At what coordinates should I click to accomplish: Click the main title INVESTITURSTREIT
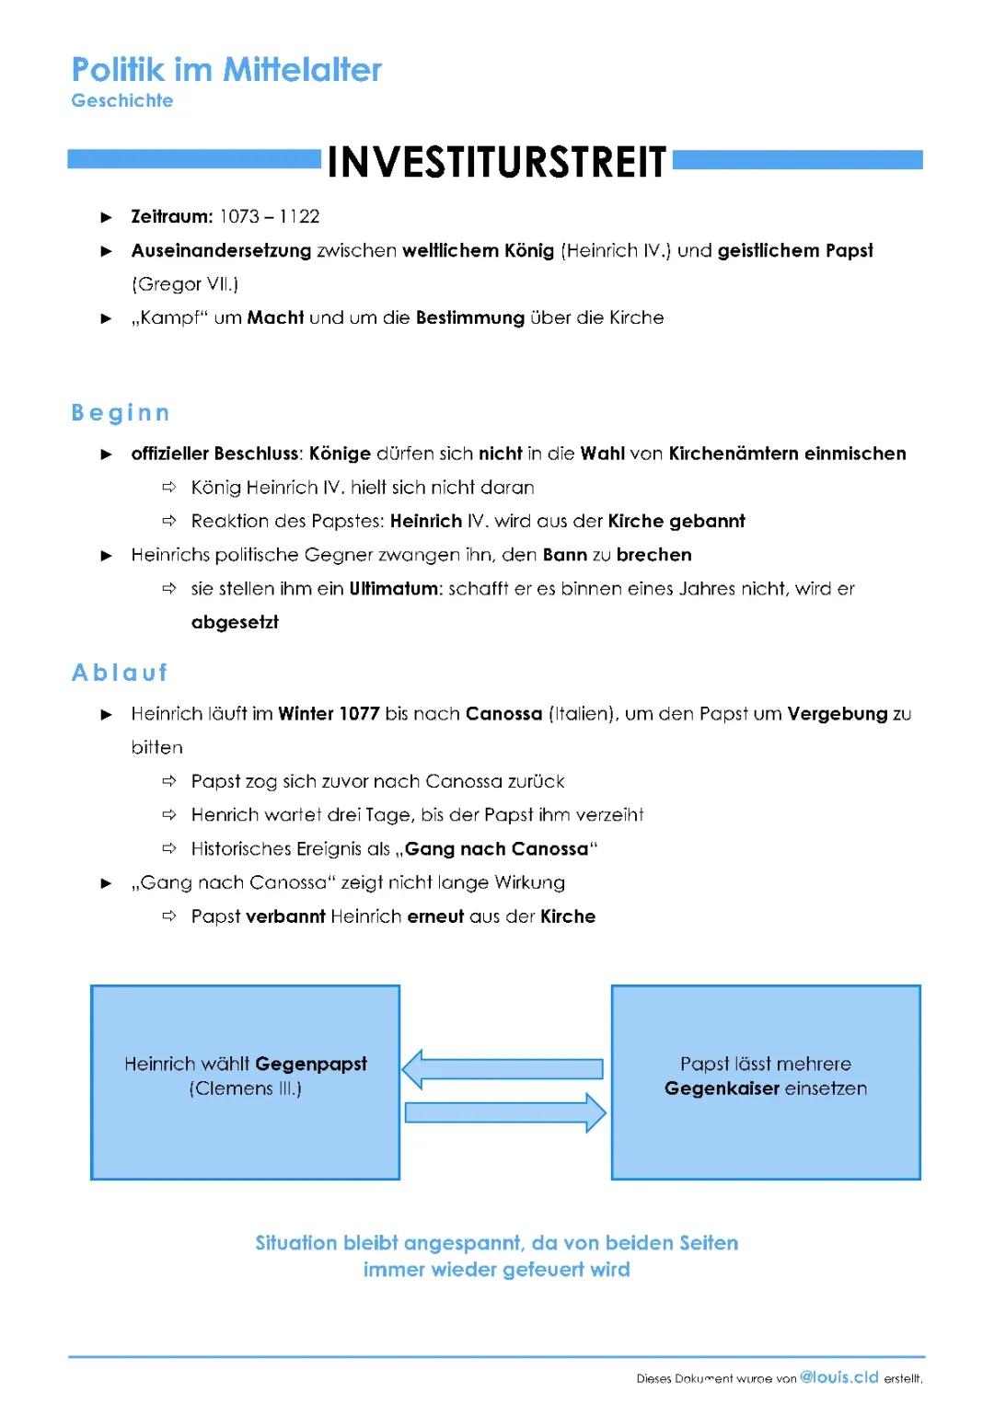tap(496, 162)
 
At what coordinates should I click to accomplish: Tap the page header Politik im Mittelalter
tap(226, 69)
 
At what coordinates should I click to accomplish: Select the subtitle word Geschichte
tap(121, 100)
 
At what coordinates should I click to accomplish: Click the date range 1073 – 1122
tap(269, 216)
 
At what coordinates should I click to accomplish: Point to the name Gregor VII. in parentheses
tap(186, 284)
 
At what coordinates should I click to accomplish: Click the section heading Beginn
tap(121, 412)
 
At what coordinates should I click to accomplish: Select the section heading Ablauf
tap(120, 673)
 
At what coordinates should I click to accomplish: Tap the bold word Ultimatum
tap(394, 589)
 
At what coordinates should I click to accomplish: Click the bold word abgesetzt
tap(235, 623)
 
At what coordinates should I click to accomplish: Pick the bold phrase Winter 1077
tap(329, 714)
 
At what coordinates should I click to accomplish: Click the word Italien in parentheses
tap(580, 714)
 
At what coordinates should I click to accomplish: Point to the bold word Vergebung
tap(837, 714)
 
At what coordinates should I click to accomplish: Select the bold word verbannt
tap(285, 916)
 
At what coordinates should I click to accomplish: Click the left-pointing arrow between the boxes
tap(503, 1068)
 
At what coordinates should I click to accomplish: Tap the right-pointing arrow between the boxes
tap(505, 1112)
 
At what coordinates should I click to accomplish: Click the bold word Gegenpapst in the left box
tap(311, 1065)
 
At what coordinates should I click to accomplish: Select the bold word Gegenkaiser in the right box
tap(722, 1088)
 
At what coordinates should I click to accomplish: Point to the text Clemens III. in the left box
tap(245, 1088)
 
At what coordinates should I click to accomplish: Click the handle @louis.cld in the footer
tap(838, 1377)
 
